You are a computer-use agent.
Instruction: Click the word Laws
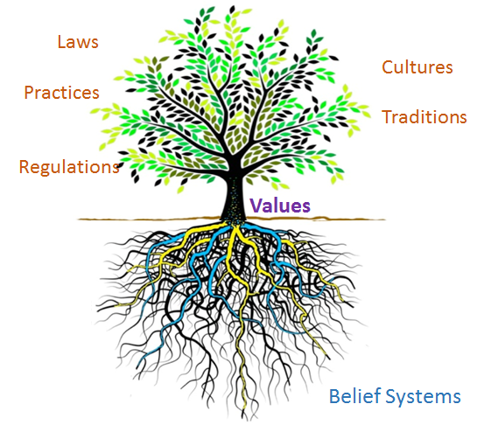(78, 42)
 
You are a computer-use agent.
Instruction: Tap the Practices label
(61, 92)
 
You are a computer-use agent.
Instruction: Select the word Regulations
(69, 167)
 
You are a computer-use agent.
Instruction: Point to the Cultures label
(417, 67)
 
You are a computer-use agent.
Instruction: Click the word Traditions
(424, 117)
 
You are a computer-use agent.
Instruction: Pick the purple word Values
(280, 206)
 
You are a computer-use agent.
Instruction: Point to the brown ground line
(232, 219)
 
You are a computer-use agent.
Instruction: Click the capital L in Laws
(61, 42)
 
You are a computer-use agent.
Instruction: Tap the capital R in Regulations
(25, 167)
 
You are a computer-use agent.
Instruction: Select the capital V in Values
(256, 206)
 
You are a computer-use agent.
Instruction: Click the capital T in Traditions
(388, 117)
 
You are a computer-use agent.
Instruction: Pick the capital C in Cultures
(388, 67)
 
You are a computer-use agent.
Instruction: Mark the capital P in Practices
(29, 92)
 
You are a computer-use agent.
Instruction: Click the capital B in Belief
(334, 395)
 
